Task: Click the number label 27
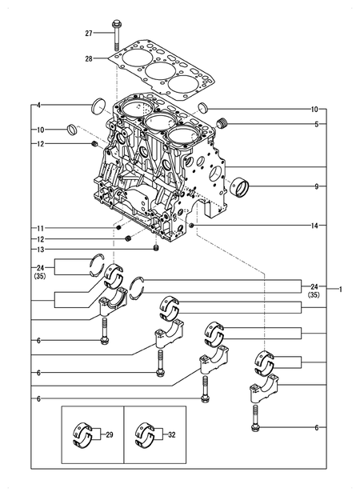pos(90,33)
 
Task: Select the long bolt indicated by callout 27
pos(117,34)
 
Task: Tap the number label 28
pos(90,58)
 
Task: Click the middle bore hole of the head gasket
pos(157,73)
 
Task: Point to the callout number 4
pos(38,104)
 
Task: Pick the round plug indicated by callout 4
pos(100,105)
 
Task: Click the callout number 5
pos(315,125)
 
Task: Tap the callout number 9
pos(315,186)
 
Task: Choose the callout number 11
pos(38,228)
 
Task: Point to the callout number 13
pos(38,250)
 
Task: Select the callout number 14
pos(315,226)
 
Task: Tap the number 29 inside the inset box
pos(110,435)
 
